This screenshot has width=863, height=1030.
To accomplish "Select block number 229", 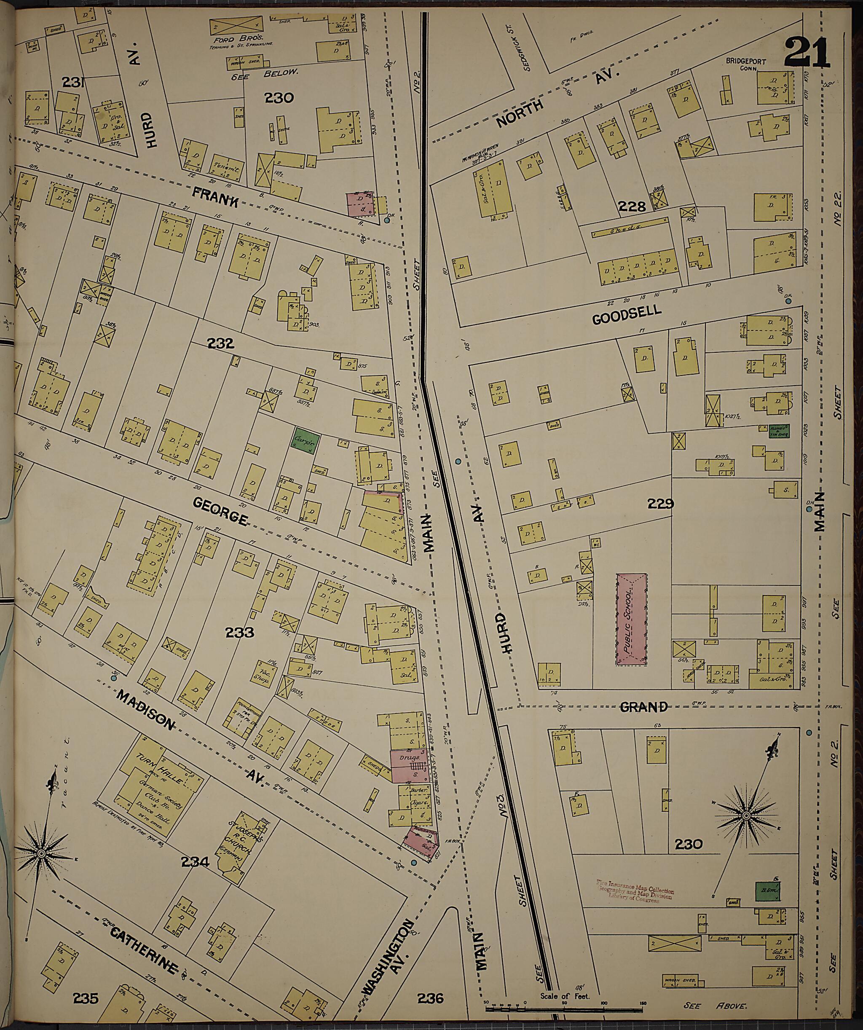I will pos(660,504).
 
